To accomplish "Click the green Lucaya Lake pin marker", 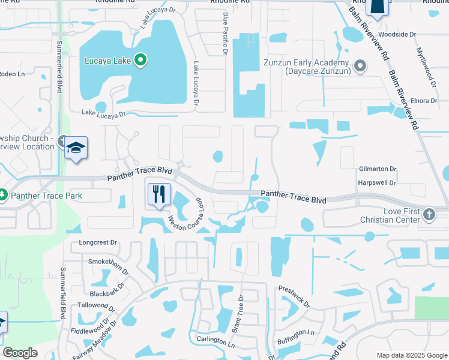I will click(140, 59).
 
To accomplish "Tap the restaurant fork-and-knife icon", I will click(159, 194).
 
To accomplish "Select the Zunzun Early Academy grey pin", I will click(360, 65).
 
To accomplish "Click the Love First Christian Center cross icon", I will click(429, 214).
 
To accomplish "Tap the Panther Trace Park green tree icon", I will click(3, 196).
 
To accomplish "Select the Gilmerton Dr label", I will click(378, 170).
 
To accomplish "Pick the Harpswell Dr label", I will click(376, 182).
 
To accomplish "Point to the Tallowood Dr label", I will click(96, 305).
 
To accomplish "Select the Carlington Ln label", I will click(215, 340).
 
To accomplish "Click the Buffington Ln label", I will click(296, 332).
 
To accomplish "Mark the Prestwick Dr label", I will click(294, 296).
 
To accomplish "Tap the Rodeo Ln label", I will click(12, 74).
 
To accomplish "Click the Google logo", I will click(20, 353).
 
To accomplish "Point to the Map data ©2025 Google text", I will click(412, 355).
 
